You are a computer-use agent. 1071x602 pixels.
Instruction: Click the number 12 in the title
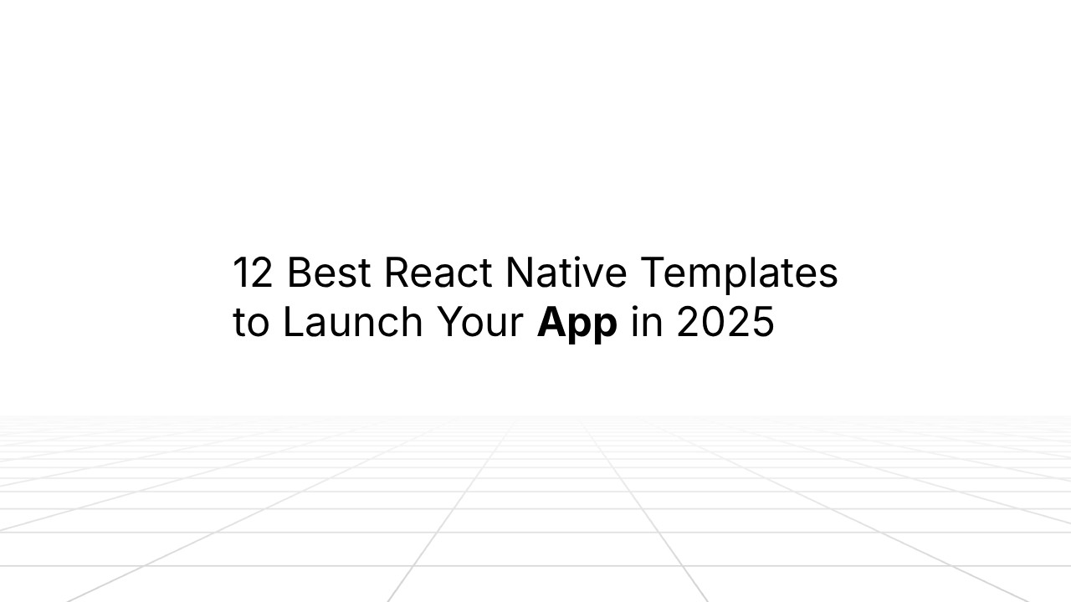[253, 273]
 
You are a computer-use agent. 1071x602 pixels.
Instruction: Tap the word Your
[479, 323]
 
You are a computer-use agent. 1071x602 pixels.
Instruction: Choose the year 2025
[725, 323]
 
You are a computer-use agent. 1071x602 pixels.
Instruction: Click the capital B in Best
[300, 273]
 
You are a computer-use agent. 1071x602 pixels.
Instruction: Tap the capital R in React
[397, 273]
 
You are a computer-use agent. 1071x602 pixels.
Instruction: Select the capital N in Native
[520, 273]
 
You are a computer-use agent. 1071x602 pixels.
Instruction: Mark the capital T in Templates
[654, 273]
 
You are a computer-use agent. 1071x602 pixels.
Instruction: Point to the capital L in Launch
[292, 323]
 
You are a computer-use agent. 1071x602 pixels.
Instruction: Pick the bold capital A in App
[551, 323]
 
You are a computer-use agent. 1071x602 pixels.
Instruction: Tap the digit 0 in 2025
[714, 323]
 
